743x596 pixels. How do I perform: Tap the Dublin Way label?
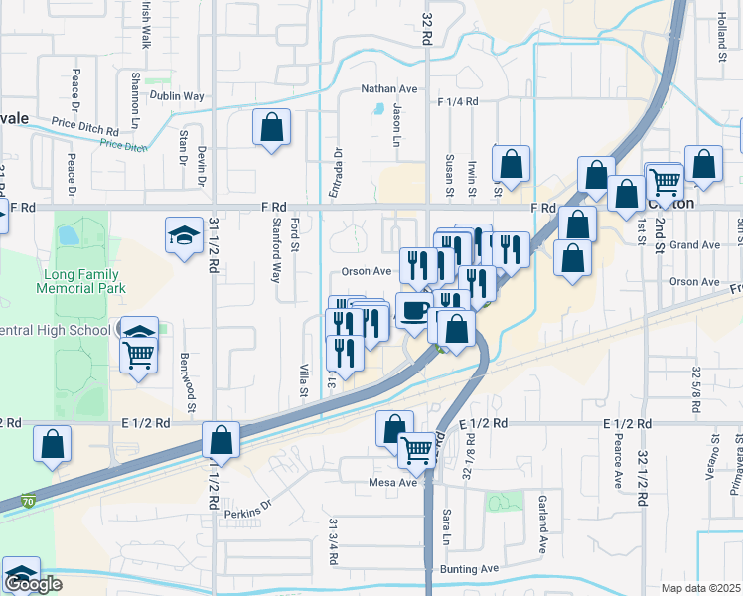(x=177, y=96)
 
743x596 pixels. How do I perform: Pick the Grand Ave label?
(x=694, y=244)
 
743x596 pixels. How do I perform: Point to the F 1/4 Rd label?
(x=458, y=101)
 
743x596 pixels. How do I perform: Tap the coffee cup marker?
(x=414, y=308)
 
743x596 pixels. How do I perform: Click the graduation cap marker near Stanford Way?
(x=183, y=234)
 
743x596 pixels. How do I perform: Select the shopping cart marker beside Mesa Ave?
(x=416, y=449)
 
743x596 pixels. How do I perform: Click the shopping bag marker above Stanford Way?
(x=270, y=128)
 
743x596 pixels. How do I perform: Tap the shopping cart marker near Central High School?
(x=139, y=353)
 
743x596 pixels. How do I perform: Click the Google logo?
(x=33, y=584)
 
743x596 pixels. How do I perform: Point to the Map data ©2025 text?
(x=701, y=588)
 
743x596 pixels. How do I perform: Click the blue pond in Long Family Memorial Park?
(x=68, y=235)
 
